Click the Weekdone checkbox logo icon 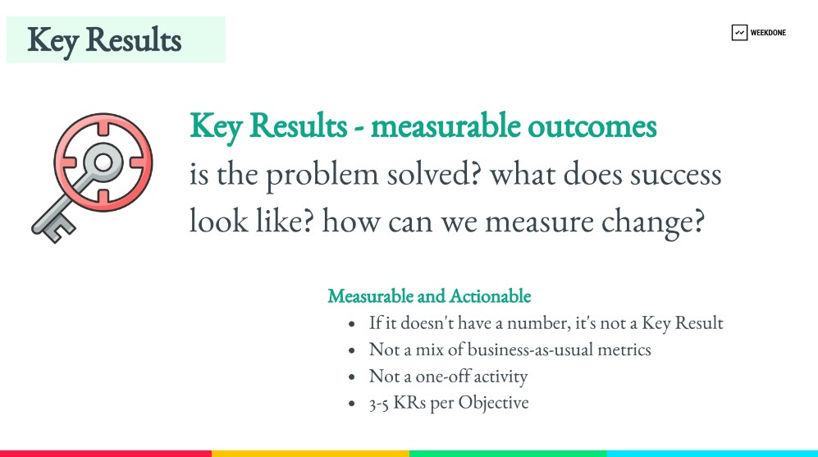pos(739,32)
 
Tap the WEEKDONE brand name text pos(768,32)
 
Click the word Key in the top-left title pos(53,41)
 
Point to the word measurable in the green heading pos(446,126)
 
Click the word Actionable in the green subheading pos(490,296)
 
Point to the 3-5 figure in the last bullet pos(378,404)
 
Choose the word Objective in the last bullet pos(494,404)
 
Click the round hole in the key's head pos(103,162)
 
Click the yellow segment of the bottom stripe pos(310,454)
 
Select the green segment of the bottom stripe pos(508,454)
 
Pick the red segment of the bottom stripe pos(106,454)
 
